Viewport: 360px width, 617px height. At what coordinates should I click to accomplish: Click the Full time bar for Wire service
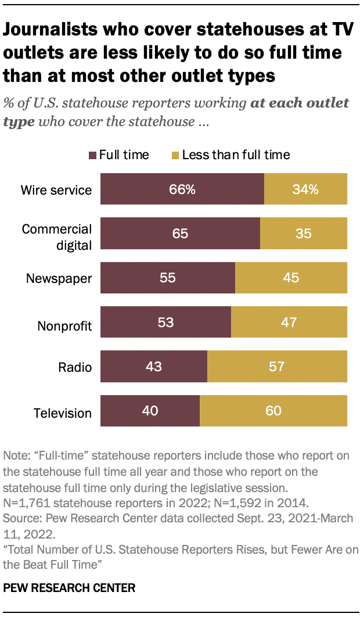point(182,189)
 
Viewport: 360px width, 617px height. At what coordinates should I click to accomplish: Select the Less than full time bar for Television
point(273,411)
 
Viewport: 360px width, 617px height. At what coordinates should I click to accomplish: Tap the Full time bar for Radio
point(154,367)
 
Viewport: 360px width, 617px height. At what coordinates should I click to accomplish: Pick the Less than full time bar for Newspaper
point(291,278)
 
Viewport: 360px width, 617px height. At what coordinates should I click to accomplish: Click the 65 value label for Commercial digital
point(181,234)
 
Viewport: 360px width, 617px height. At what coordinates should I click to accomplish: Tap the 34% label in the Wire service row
point(305,189)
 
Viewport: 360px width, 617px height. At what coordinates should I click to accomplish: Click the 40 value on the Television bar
point(150,411)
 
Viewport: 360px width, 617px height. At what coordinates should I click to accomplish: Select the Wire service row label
point(56,190)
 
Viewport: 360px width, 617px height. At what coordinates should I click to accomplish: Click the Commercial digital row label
point(57,236)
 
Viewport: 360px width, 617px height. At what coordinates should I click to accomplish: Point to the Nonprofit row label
point(65,325)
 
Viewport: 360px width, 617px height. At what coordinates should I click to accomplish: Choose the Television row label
point(63,414)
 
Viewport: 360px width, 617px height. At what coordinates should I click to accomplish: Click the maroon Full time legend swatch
point(92,155)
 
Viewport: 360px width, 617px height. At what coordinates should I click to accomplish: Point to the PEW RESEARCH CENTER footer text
point(69,588)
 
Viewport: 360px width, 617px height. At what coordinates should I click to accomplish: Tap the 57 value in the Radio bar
point(277,367)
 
